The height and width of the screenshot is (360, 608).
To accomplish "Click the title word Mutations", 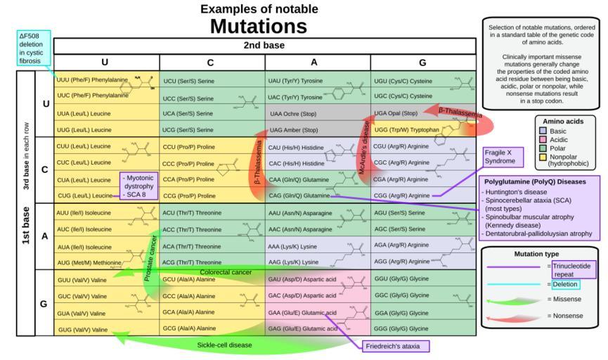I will (259, 26).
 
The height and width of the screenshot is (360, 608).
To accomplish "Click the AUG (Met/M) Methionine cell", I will (87, 262).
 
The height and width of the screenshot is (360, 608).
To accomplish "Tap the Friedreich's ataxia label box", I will (396, 347).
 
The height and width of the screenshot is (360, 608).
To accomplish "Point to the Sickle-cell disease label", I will (224, 345).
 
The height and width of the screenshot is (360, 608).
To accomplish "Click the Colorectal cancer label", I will (226, 272).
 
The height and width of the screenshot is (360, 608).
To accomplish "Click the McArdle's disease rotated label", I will (364, 148).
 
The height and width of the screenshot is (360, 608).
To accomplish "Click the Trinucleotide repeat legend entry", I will (574, 269).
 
